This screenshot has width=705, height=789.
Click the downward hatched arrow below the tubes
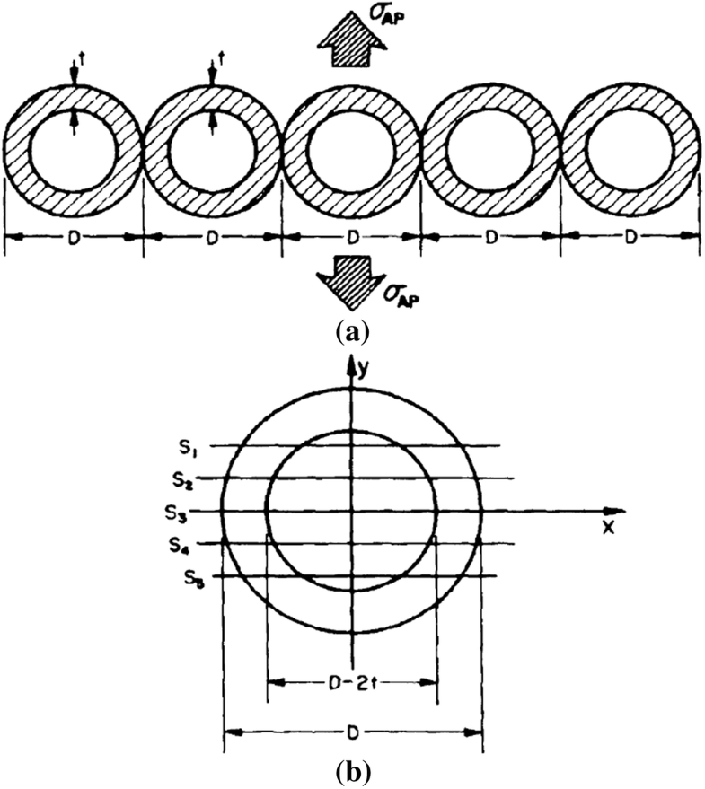352,285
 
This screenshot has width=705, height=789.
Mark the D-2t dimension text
352,682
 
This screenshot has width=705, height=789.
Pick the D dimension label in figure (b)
353,732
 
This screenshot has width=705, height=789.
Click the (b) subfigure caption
350,771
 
